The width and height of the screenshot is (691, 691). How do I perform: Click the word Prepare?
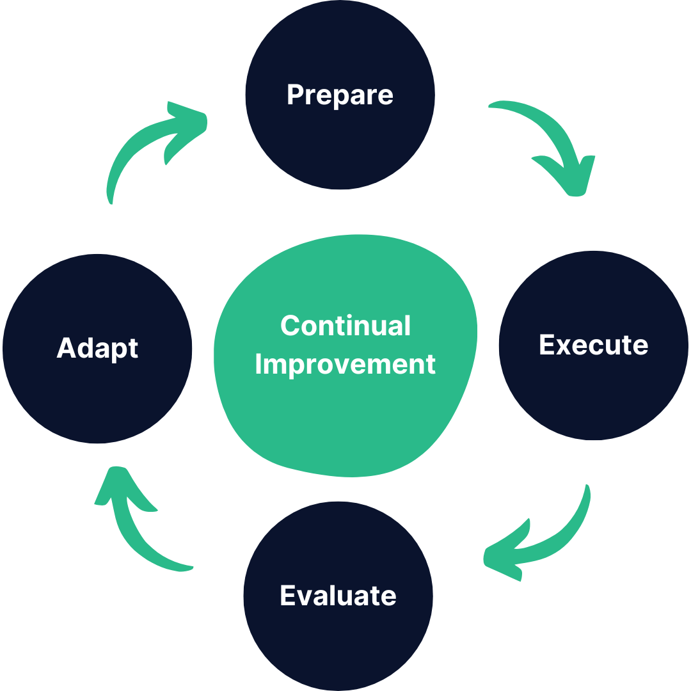tap(340, 95)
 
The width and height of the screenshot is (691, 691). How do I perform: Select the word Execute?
tap(593, 345)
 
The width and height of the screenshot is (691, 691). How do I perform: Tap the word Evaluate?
tap(338, 596)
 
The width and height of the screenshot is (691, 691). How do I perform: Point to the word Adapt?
tap(97, 348)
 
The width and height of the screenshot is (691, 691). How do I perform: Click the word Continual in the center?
tap(345, 326)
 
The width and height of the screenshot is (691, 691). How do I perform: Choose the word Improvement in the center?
tap(345, 364)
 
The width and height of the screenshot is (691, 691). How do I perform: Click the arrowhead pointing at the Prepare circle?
tap(189, 125)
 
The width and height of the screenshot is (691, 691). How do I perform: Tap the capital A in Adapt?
tap(67, 348)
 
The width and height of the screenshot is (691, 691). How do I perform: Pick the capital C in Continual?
tap(290, 326)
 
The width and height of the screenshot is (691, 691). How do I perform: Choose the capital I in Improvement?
tap(259, 364)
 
